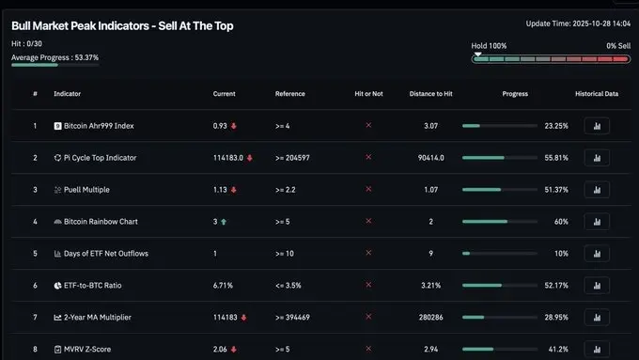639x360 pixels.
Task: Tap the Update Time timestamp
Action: click(577, 23)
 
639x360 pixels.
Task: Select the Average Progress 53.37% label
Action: click(55, 57)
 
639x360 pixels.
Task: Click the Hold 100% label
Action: click(489, 45)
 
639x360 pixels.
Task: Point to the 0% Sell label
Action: click(617, 45)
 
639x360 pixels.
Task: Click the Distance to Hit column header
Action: click(431, 94)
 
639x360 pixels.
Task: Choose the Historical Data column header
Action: click(597, 94)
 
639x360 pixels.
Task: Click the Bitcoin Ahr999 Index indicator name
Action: click(99, 126)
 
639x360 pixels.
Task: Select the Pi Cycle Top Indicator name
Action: click(100, 158)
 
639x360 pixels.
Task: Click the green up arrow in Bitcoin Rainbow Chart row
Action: click(225, 221)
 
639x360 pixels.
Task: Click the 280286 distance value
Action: click(431, 317)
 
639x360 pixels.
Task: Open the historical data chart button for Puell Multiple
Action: click(597, 190)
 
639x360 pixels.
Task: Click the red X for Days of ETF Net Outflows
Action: click(368, 253)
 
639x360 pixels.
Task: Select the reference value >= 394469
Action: click(292, 317)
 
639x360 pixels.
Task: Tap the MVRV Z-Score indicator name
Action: click(87, 349)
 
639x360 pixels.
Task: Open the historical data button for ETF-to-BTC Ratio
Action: click(597, 285)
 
